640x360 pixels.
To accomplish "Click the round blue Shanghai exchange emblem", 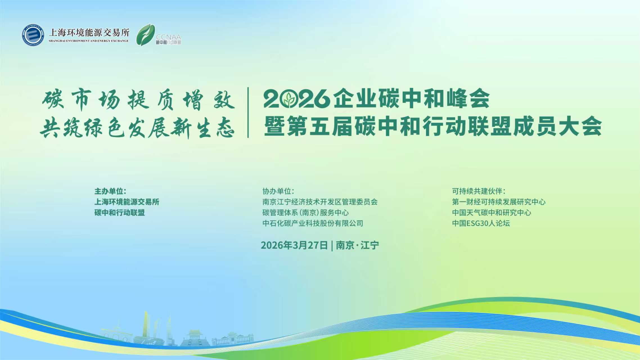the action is pos(33,35).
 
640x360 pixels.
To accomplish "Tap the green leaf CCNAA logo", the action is pos(146,35).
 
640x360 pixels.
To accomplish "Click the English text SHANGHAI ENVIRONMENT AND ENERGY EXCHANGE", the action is pos(89,41).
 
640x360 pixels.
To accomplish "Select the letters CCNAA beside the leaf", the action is pos(168,37).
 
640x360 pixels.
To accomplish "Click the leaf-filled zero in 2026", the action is pos(289,99).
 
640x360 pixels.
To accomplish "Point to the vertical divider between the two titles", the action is pos(248,112).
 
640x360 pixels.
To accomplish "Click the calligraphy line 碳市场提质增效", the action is pos(139,100).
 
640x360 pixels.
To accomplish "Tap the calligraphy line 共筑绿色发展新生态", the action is pos(138,128).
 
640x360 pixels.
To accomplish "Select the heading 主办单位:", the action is pos(110,191).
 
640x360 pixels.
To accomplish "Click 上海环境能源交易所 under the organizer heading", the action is pos(127,202).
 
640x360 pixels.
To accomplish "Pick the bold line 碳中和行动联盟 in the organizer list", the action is pos(120,213).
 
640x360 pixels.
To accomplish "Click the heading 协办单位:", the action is pos(278,191).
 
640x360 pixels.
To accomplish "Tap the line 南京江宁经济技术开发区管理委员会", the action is pos(320,202).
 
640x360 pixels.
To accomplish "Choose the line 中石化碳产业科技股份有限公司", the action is pos(313,223).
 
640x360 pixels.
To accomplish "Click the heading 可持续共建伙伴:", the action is pos(479,191).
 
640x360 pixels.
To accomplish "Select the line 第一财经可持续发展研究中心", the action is pos(499,202).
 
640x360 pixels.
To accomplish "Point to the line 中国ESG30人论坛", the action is pos(481,223).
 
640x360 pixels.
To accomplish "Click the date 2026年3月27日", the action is pos(294,245).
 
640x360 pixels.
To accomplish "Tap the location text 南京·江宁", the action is pos(357,245).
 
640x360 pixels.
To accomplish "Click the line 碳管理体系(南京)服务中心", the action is pos(305,213).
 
